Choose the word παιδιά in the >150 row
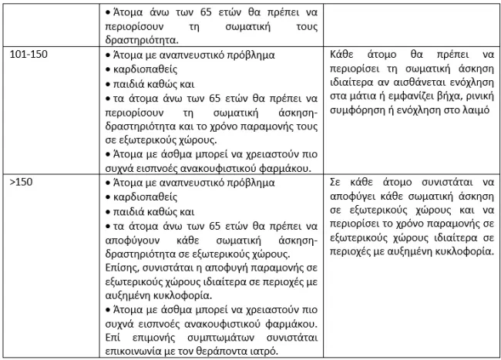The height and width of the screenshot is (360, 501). tap(126, 211)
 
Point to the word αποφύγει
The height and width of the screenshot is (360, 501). tap(355, 197)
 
